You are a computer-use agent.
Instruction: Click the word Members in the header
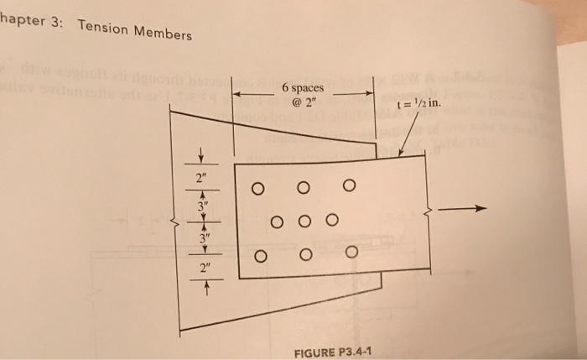163,34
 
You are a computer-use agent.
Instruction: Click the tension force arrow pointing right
461,211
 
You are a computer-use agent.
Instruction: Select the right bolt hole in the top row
349,185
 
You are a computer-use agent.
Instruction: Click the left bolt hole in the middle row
277,222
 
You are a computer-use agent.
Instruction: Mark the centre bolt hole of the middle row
304,222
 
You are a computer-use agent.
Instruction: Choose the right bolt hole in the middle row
332,222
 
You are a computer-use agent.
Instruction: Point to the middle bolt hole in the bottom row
306,254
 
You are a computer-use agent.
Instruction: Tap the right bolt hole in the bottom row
351,252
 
